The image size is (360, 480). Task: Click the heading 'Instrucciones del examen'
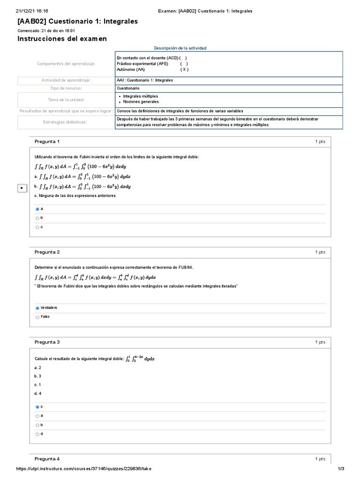(x=62, y=39)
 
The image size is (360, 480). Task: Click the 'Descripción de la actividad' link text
(x=180, y=48)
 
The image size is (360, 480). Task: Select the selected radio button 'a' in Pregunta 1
(x=37, y=209)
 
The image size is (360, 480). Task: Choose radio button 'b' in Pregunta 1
(x=37, y=218)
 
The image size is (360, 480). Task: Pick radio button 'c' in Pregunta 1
(x=37, y=227)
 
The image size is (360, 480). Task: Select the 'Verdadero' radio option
(x=37, y=308)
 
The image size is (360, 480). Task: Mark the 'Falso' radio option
(x=37, y=317)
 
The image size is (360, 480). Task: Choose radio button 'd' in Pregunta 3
(x=37, y=434)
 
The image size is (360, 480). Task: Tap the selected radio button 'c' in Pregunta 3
(x=37, y=407)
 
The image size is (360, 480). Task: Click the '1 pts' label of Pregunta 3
(x=320, y=342)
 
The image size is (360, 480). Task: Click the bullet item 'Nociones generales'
(x=141, y=102)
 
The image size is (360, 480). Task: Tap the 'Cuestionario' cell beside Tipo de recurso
(x=128, y=88)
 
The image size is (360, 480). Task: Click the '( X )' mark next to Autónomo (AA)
(x=185, y=69)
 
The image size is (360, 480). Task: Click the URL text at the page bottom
(x=84, y=469)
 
